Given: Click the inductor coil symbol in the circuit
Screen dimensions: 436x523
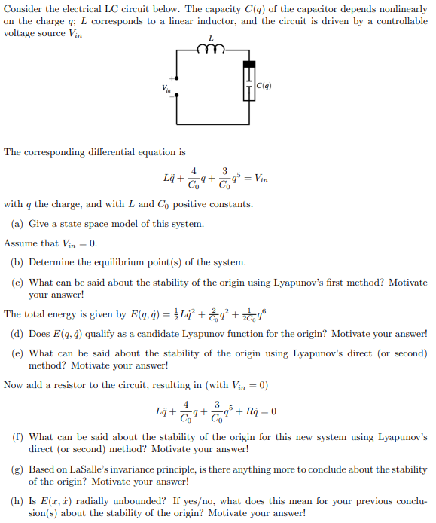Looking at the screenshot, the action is (211, 49).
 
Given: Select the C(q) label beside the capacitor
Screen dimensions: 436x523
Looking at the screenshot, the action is (264, 86).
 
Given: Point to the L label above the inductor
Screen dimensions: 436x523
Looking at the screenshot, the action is (211, 37).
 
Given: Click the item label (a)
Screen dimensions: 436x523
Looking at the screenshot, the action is (17, 224).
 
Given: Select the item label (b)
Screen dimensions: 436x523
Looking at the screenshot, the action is (17, 262).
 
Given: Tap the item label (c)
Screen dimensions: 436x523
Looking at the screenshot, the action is (17, 283).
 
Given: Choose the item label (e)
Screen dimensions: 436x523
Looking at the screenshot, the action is (17, 353).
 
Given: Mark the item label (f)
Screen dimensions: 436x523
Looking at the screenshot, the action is (17, 436).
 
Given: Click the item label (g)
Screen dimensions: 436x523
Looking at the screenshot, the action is (17, 469).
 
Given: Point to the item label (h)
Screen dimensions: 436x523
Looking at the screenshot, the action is (17, 501).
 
